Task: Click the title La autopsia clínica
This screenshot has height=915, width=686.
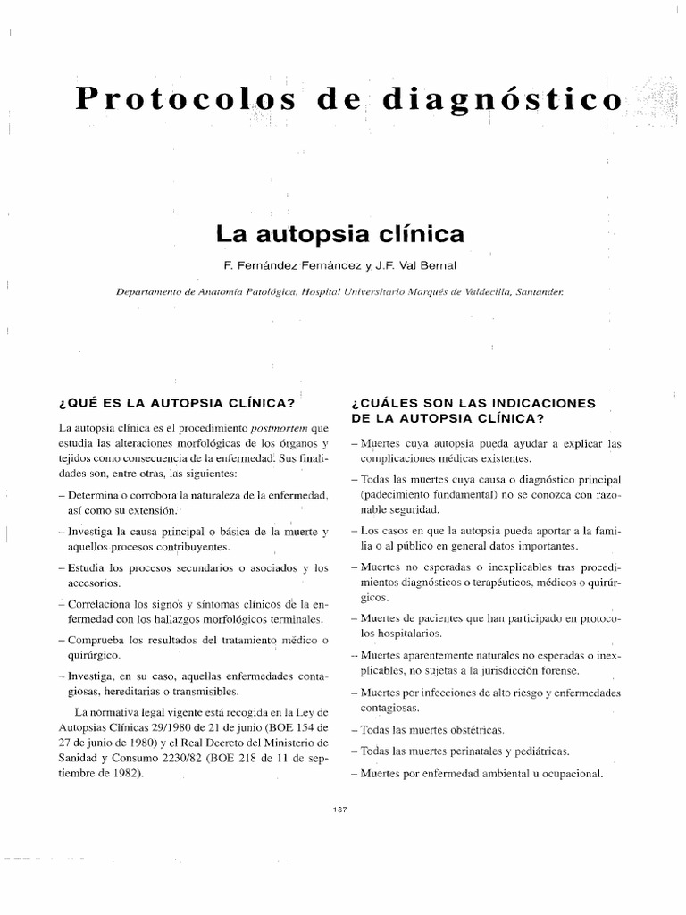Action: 340,235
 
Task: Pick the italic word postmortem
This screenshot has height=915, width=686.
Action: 277,427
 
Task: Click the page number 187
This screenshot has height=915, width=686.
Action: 338,808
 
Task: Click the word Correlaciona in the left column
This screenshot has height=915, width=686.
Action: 101,600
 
